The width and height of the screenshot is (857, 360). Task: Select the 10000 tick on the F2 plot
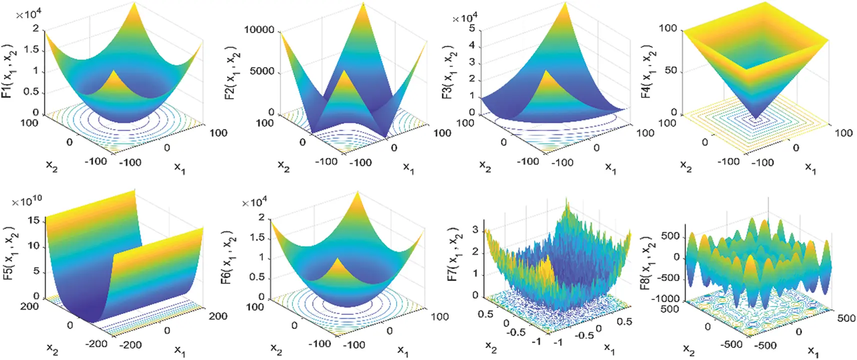pos(259,30)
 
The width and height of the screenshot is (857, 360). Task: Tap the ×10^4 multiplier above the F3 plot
pos(464,18)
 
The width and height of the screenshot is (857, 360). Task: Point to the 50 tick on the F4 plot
pos(670,70)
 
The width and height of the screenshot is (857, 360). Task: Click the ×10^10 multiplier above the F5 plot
pos(27,201)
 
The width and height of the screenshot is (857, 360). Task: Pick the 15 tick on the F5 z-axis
pos(33,220)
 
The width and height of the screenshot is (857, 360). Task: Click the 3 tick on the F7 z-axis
pos(475,230)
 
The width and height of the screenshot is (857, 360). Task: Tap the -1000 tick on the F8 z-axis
pos(667,298)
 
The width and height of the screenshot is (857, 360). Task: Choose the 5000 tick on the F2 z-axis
pos(262,71)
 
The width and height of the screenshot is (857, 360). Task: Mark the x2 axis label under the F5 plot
pos(52,348)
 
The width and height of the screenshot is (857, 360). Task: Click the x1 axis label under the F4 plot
pos(810,168)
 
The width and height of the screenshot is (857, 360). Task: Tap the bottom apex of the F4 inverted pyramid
pos(756,118)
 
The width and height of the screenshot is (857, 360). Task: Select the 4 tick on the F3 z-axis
pos(471,45)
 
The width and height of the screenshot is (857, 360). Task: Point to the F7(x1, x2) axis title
pos(453,257)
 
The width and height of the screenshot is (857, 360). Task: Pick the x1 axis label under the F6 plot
pos(403,350)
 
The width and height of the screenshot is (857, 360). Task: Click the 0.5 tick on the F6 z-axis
pos(256,277)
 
